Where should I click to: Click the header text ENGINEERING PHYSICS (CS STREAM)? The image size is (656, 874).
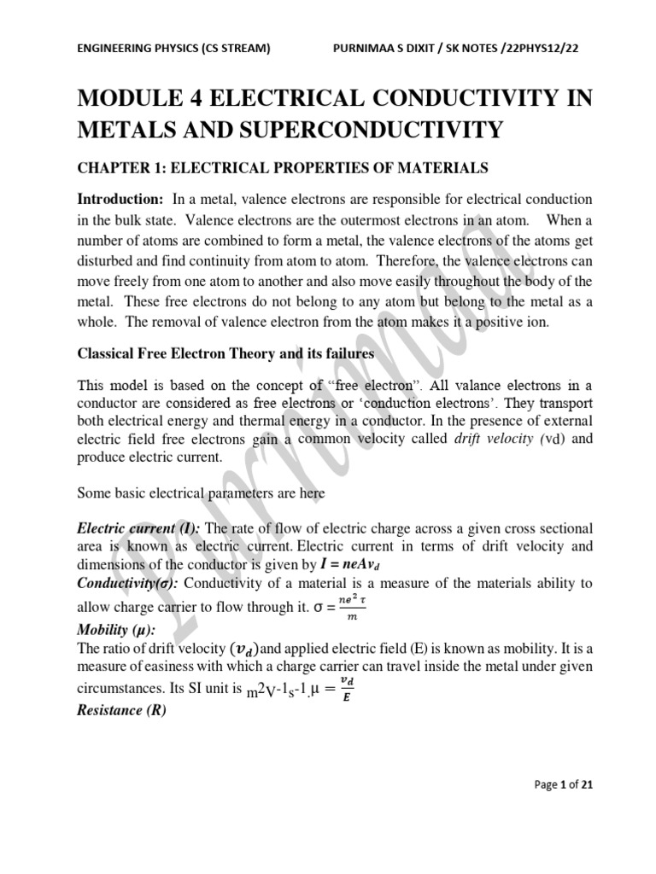[173, 48]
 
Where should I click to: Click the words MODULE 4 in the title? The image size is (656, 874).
[147, 99]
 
